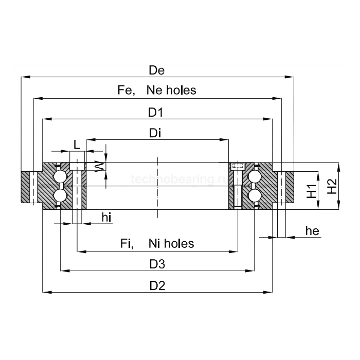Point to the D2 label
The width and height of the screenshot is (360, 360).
coord(157,285)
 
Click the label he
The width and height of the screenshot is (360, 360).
coord(312,231)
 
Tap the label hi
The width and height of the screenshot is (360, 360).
coord(106,218)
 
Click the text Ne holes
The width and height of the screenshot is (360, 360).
coord(171,91)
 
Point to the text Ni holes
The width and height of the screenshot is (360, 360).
coord(171,243)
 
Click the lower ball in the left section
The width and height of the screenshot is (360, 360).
coord(60,195)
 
